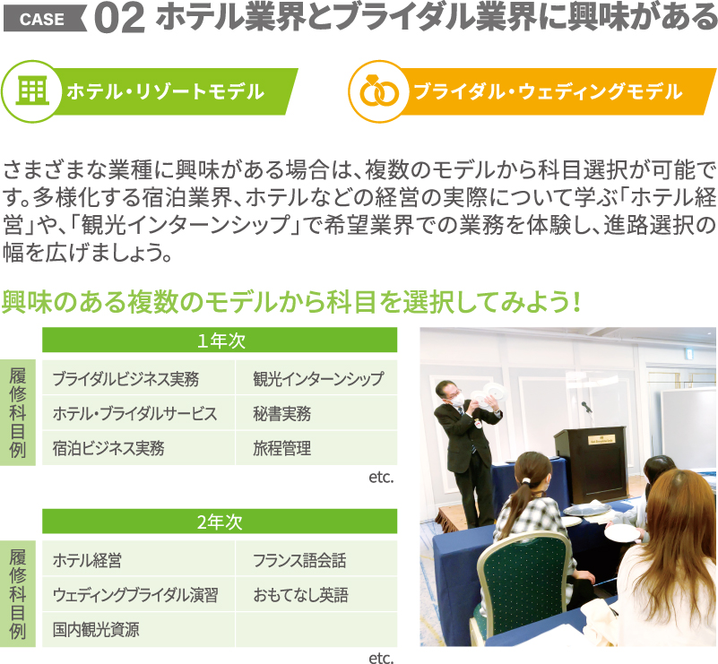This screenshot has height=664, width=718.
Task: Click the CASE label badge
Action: click(x=45, y=19)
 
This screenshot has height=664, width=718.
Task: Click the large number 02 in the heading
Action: click(x=120, y=19)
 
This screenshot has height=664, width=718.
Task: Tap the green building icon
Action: click(x=32, y=91)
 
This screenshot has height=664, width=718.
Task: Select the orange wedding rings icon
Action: click(x=379, y=91)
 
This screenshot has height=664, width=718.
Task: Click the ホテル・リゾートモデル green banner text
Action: click(x=165, y=91)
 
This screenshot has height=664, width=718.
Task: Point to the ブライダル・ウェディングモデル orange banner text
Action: click(x=548, y=91)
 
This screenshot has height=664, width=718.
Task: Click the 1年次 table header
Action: click(x=220, y=340)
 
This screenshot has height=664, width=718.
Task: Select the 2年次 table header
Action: click(x=220, y=522)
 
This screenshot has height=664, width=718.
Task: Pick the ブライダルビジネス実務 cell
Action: click(x=138, y=378)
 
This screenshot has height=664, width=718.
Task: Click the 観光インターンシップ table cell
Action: click(x=316, y=378)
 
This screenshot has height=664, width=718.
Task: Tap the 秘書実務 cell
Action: click(x=316, y=413)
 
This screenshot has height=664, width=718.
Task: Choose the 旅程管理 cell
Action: click(x=316, y=448)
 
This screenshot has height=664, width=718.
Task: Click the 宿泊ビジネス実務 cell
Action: click(x=138, y=448)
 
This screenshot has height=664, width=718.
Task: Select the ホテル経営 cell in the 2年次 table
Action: click(x=138, y=559)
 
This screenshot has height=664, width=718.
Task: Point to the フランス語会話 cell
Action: click(x=316, y=559)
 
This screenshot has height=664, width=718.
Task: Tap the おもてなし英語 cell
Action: click(x=316, y=594)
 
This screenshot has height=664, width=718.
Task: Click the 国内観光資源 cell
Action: click(x=138, y=630)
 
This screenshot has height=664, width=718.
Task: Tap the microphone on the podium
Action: click(x=585, y=406)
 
